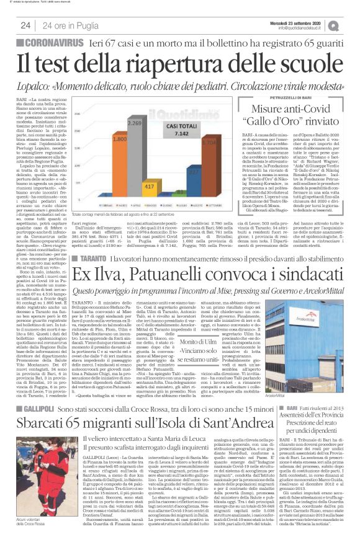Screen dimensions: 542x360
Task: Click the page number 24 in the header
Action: pyautogui.click(x=25, y=25)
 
